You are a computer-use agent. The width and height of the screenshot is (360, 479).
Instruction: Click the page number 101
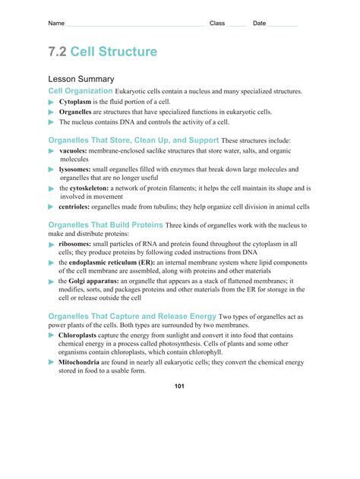[x=179, y=386]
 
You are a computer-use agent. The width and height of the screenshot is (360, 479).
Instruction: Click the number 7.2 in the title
[x=58, y=52]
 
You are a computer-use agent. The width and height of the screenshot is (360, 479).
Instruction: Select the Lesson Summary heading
[x=81, y=79]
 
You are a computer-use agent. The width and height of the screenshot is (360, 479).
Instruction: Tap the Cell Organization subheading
[x=81, y=91]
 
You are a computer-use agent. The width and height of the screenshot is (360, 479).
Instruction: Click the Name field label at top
[x=56, y=24]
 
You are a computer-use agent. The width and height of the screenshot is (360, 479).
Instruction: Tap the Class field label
[x=217, y=24]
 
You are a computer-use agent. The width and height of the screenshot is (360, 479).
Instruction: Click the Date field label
[x=260, y=24]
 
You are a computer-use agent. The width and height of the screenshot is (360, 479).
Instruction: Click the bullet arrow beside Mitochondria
[x=52, y=363]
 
